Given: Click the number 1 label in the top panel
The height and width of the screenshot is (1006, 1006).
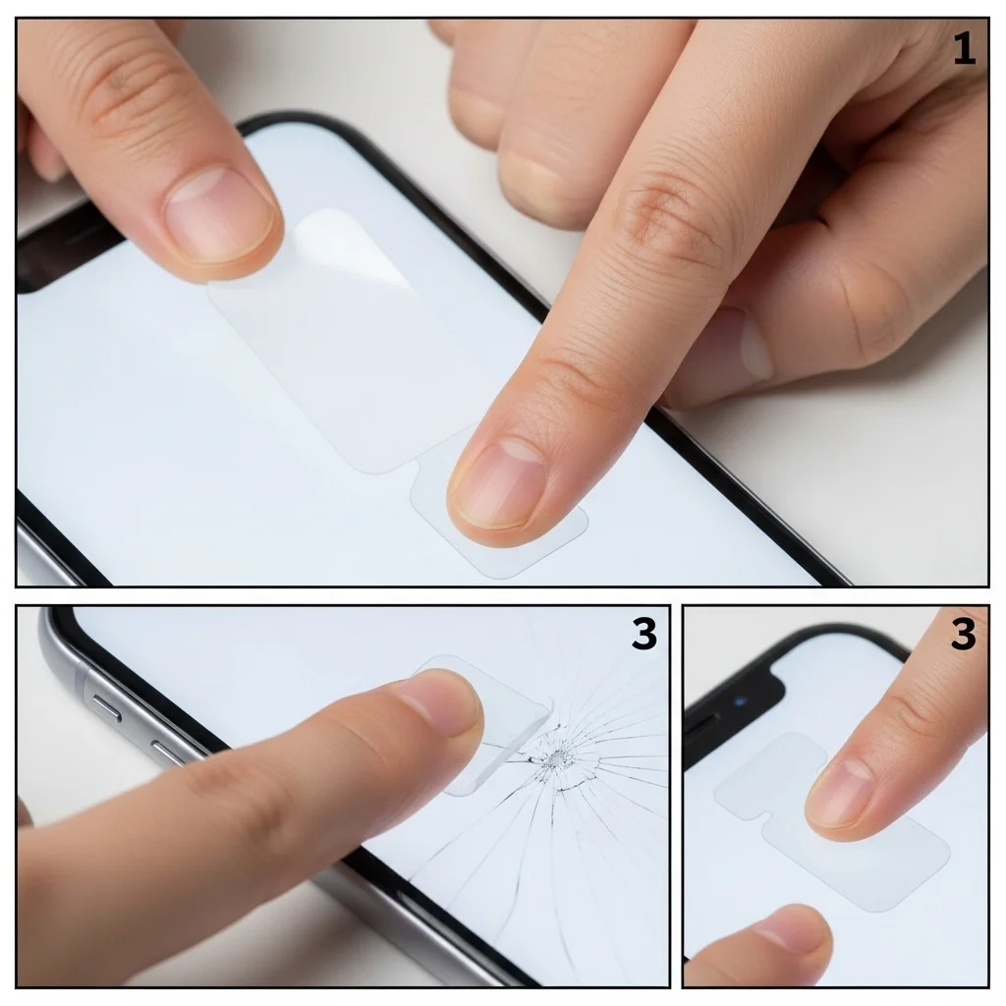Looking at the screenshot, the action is (965, 49).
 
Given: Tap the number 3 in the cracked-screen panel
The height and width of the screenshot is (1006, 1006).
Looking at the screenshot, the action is (644, 634).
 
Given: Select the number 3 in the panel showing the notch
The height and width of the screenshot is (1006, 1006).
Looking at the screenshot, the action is (963, 634).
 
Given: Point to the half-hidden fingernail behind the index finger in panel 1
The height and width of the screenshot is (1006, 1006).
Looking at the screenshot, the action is (749, 343).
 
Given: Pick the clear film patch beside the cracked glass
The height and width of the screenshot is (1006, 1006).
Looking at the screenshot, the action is (482, 725).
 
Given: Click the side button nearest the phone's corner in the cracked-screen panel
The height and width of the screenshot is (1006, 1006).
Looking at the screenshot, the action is (106, 706).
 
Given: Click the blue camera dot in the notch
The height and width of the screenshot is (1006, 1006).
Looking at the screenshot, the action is (742, 700).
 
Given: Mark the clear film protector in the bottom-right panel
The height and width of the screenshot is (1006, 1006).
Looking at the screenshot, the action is (831, 821).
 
